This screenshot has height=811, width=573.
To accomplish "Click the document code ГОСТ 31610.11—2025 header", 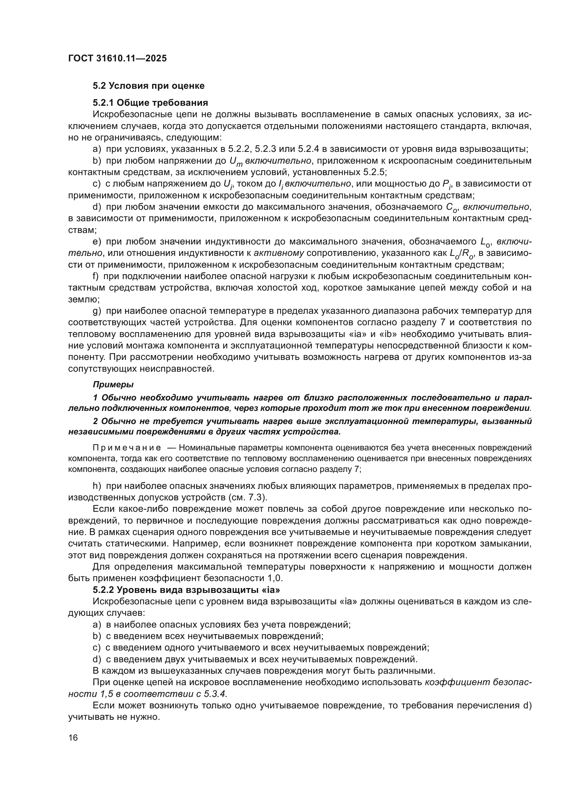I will (117, 59).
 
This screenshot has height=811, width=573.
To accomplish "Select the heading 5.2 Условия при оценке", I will (149, 86).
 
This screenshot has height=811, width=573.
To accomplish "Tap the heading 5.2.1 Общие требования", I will (150, 103).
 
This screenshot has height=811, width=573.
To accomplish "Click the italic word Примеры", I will (113, 384).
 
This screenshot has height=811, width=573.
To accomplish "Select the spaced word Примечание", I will (127, 448).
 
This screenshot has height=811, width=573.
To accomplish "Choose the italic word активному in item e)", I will (279, 253).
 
